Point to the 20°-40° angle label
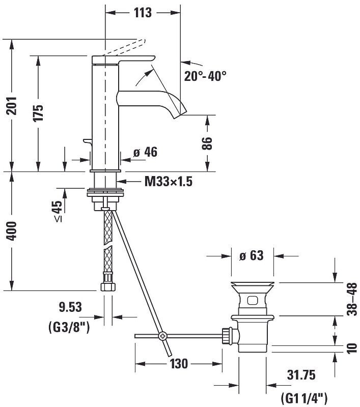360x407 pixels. [205, 76]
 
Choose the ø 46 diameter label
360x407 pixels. [145, 152]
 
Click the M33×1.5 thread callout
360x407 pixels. [168, 181]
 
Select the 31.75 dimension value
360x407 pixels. [300, 375]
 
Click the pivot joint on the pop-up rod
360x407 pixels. [163, 336]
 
